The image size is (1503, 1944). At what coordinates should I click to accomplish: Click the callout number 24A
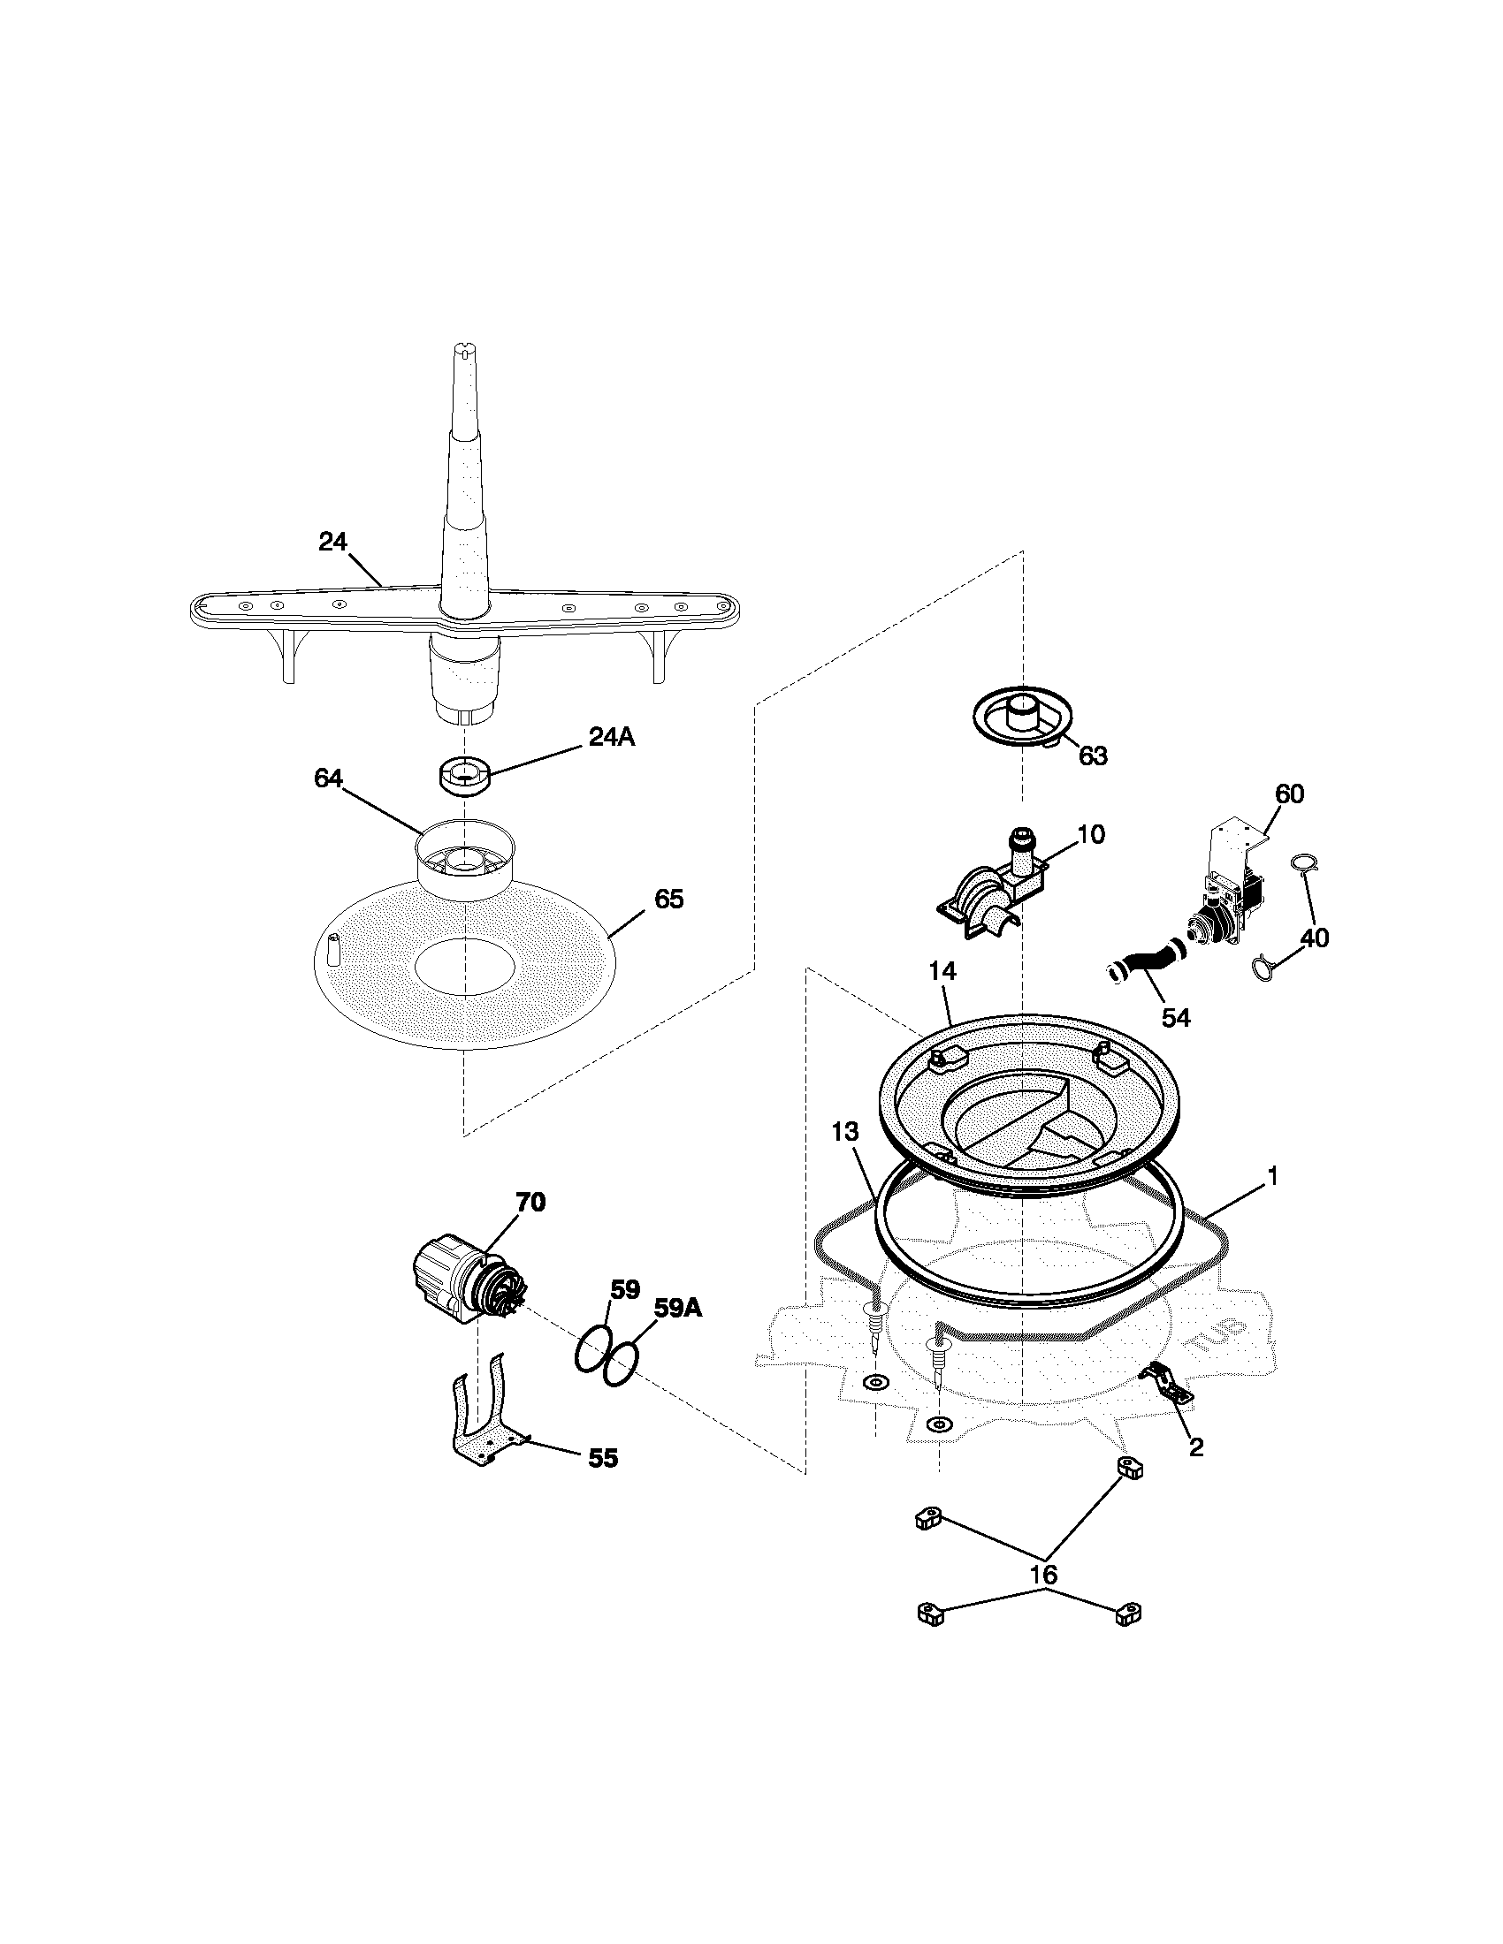(611, 737)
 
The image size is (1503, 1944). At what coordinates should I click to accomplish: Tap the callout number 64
(329, 778)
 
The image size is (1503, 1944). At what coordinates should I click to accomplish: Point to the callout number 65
(668, 899)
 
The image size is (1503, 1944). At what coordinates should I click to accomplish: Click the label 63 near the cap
(1093, 756)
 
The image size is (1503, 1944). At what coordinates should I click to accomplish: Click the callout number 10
(1091, 834)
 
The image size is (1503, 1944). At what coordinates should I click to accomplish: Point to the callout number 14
(943, 971)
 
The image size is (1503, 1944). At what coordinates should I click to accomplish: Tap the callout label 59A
(677, 1308)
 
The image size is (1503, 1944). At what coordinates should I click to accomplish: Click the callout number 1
(1272, 1177)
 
